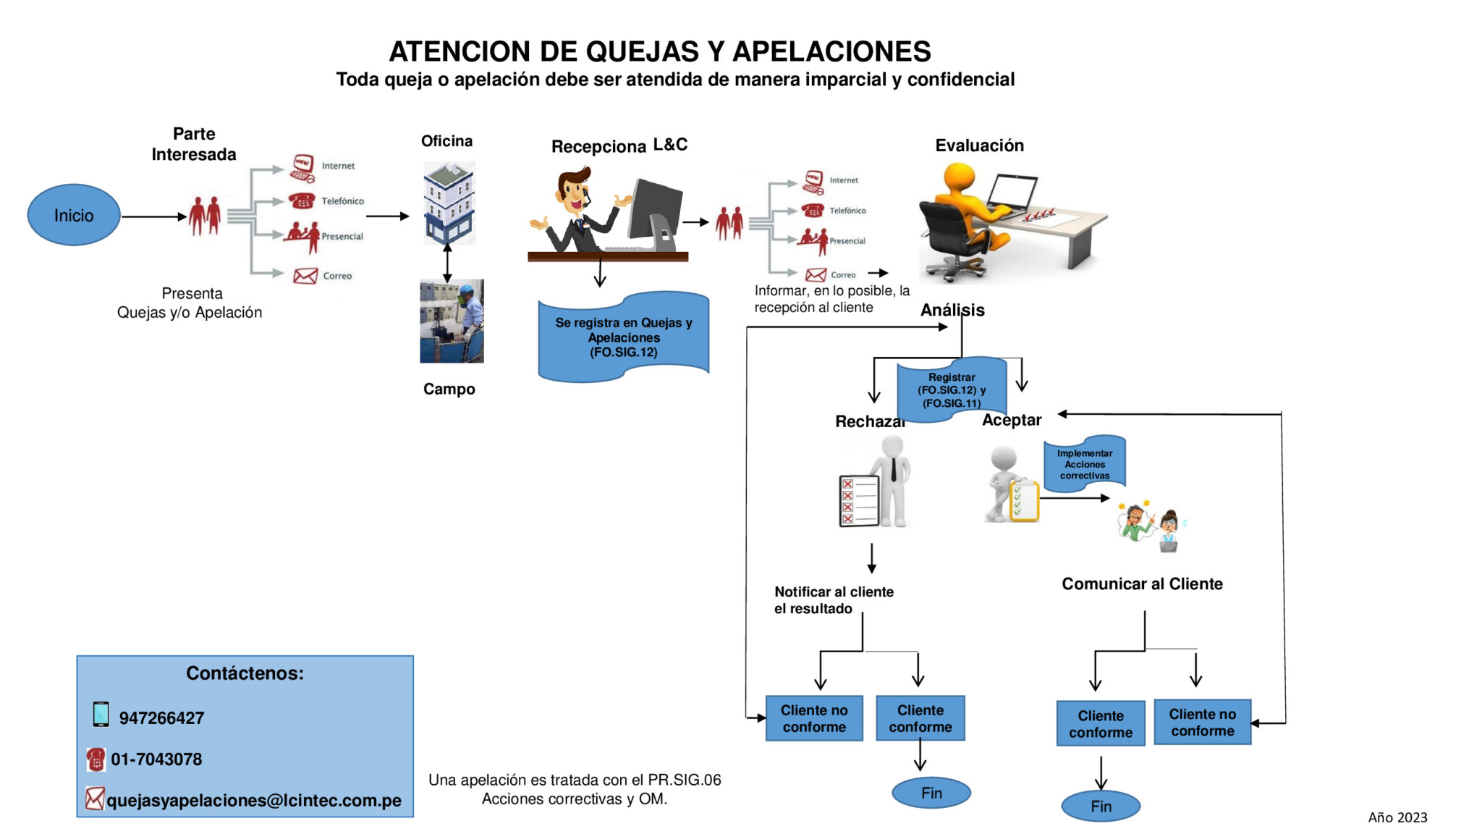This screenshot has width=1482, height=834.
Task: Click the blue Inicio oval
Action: [x=73, y=215]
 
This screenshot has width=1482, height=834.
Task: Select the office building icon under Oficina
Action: [x=449, y=203]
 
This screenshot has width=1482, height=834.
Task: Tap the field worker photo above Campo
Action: [x=452, y=321]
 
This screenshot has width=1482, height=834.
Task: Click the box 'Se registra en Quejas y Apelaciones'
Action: [x=623, y=337]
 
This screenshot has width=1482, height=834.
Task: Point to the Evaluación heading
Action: [x=979, y=146]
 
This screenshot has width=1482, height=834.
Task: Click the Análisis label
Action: [x=952, y=310]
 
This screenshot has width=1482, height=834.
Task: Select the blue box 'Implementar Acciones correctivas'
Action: [x=1084, y=464]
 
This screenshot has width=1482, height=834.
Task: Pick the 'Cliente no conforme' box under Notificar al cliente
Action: [x=814, y=718]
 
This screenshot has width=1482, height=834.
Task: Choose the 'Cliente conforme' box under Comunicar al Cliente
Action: [x=1100, y=723]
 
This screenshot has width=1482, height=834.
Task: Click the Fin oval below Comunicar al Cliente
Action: [x=1100, y=806]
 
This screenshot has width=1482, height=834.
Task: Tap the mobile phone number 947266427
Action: [x=161, y=717]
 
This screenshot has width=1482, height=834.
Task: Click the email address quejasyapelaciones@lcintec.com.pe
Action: [x=253, y=800]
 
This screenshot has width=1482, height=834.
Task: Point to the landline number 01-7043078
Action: [x=156, y=759]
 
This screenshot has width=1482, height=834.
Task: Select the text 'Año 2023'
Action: [x=1397, y=817]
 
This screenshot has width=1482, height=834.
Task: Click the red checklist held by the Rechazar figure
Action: [x=858, y=500]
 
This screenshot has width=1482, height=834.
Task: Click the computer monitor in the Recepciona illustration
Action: [x=656, y=212]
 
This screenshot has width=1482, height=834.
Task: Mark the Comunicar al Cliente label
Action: [x=1142, y=584]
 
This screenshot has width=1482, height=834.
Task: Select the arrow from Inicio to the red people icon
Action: [x=153, y=216]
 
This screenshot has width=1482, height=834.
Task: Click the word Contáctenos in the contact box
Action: [x=245, y=673]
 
